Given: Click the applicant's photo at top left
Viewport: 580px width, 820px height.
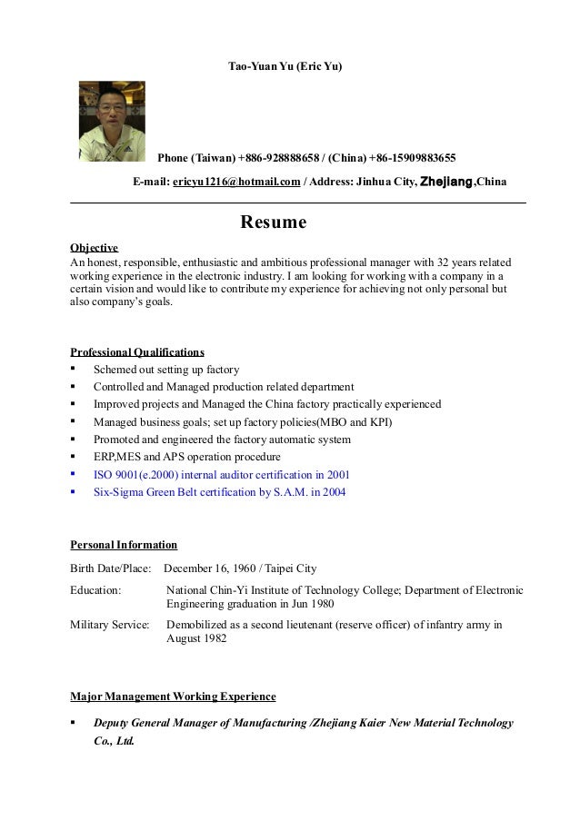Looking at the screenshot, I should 112,121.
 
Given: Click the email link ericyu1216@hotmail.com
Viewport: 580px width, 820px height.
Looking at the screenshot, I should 236,182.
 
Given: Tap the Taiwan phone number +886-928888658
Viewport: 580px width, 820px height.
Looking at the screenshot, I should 282,155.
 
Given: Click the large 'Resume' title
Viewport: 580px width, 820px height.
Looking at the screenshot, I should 273,222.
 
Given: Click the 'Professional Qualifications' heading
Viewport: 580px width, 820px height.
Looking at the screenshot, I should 137,351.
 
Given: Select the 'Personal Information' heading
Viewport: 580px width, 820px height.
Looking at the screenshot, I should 124,545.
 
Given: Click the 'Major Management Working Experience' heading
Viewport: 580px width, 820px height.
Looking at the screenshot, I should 173,697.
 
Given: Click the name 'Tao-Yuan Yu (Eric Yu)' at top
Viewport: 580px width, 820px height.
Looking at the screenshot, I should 285,68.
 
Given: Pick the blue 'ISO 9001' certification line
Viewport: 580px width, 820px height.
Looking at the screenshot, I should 222,474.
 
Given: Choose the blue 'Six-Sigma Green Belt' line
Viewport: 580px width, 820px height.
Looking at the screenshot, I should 219,491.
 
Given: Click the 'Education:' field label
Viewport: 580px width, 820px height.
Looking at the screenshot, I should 95,590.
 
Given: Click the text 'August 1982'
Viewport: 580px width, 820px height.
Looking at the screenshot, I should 197,638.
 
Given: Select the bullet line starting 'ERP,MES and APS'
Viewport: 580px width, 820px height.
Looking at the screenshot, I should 187,457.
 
